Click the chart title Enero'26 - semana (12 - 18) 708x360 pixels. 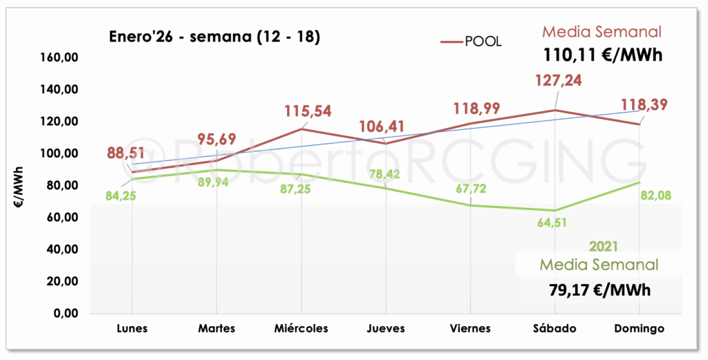pyautogui.click(x=214, y=37)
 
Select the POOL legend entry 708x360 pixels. pyautogui.click(x=471, y=41)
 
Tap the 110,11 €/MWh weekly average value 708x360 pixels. pyautogui.click(x=602, y=55)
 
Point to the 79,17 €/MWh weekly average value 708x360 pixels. pyautogui.click(x=600, y=290)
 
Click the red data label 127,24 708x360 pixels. pyautogui.click(x=559, y=80)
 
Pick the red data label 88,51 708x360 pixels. pyautogui.click(x=126, y=153)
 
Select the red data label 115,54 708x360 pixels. pyautogui.click(x=308, y=111)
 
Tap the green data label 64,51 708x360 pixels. pyautogui.click(x=552, y=223)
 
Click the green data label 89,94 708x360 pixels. pyautogui.click(x=213, y=182)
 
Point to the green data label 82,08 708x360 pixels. pyautogui.click(x=655, y=196)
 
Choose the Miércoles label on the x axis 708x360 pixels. pyautogui.click(x=301, y=328)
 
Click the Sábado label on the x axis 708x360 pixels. pyautogui.click(x=555, y=328)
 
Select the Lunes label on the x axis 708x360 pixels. pyautogui.click(x=132, y=328)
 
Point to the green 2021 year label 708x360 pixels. pyautogui.click(x=604, y=246)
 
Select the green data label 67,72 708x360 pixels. pyautogui.click(x=471, y=189)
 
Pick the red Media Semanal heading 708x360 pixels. pyautogui.click(x=602, y=32)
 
